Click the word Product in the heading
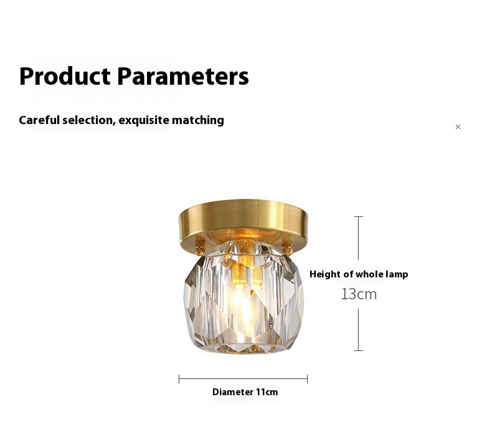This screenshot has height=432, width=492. [x=65, y=76]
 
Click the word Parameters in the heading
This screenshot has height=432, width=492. [x=183, y=76]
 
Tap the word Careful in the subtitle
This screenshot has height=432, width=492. [x=39, y=120]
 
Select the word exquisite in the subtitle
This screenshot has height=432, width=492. [x=144, y=121]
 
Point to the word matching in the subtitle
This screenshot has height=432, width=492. [x=198, y=121]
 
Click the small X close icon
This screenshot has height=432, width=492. [x=458, y=127]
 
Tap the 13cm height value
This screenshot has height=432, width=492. [x=359, y=294]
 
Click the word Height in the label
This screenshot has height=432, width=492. [x=325, y=274]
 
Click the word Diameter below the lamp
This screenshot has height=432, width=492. [x=233, y=392]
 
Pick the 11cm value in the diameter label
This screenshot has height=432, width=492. [x=267, y=392]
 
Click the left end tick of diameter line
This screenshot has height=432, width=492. [x=179, y=379]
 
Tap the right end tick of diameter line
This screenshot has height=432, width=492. [x=308, y=379]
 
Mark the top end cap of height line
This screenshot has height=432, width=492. [x=358, y=216]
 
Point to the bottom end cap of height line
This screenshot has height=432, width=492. [x=358, y=350]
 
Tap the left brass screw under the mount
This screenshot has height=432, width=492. [x=200, y=245]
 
